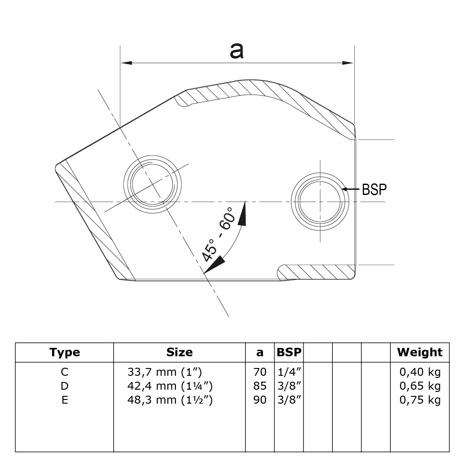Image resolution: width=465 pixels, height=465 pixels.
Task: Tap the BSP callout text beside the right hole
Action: click(x=374, y=189)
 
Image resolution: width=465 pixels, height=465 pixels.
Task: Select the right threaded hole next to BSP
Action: click(x=320, y=201)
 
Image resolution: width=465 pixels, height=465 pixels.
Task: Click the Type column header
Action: click(x=64, y=352)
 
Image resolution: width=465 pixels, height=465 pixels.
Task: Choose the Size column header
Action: click(x=179, y=352)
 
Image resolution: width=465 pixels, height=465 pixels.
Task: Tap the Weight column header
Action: click(x=420, y=352)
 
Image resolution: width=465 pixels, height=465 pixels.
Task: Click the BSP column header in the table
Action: click(x=289, y=352)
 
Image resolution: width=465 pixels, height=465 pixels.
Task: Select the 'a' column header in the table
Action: click(x=260, y=353)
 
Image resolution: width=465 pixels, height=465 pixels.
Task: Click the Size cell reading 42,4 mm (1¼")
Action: click(x=170, y=386)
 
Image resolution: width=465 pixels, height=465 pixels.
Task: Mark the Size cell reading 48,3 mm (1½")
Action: click(x=170, y=400)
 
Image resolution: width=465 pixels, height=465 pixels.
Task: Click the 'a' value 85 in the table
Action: click(x=260, y=386)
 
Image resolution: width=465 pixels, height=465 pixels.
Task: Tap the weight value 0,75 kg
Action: click(x=420, y=400)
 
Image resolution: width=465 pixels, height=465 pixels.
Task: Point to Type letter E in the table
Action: click(x=64, y=400)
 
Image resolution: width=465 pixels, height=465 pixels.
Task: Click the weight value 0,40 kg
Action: click(x=420, y=372)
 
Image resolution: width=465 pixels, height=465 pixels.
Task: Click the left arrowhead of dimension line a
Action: click(x=126, y=63)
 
